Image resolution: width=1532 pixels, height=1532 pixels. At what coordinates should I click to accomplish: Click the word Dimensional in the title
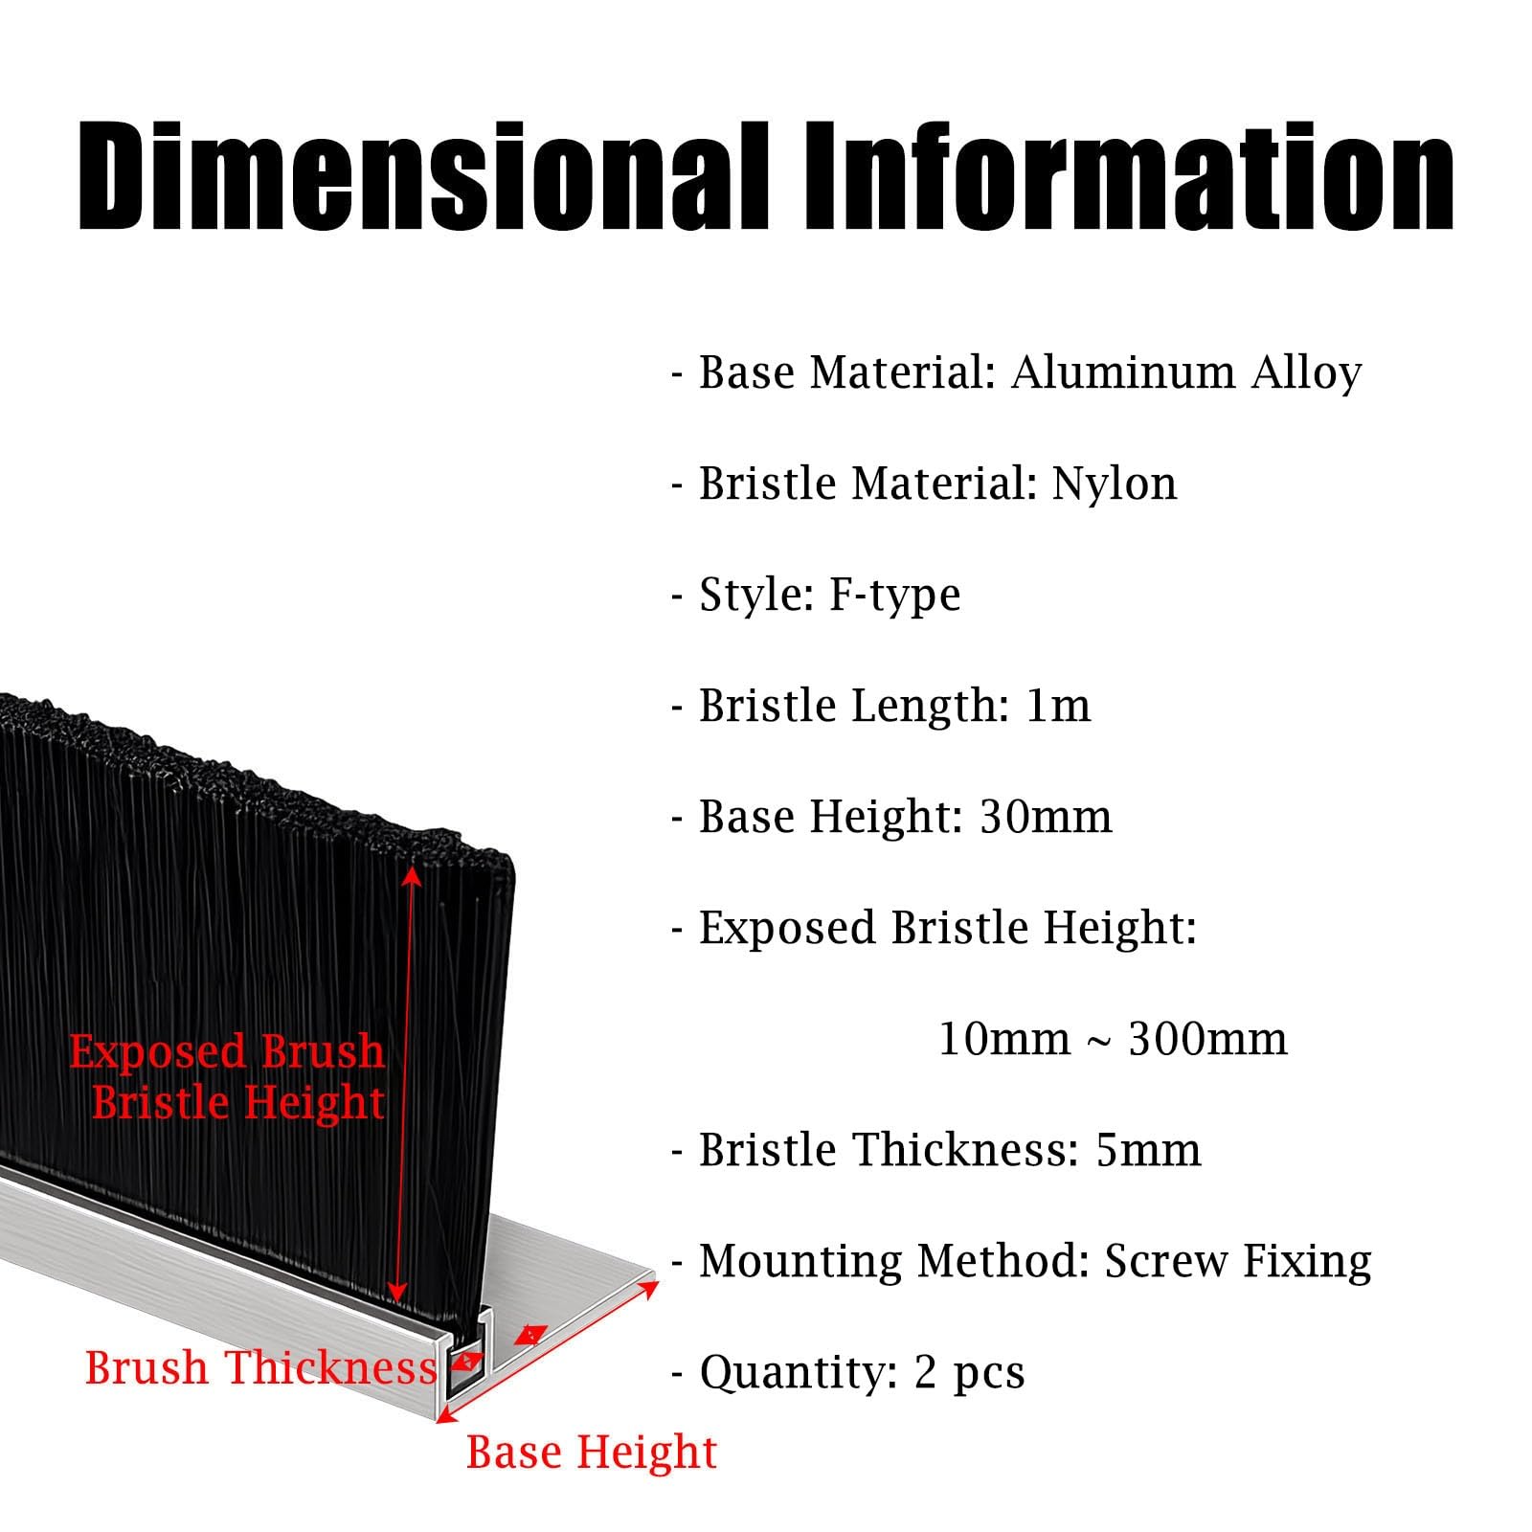(422, 177)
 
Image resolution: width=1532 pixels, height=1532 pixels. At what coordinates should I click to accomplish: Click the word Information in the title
(1130, 177)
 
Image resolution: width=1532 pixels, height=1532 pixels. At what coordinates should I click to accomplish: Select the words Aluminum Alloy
(1186, 373)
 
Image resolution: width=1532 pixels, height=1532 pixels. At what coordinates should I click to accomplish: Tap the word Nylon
(1115, 484)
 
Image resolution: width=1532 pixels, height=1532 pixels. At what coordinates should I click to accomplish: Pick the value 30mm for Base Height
(1047, 817)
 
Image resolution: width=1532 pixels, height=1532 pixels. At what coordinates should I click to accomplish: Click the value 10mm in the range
(1004, 1039)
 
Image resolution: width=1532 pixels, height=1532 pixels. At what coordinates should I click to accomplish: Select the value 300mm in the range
(1208, 1039)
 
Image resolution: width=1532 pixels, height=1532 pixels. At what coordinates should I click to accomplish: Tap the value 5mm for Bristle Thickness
(1149, 1150)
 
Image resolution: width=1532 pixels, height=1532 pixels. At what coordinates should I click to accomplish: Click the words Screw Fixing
(1239, 1262)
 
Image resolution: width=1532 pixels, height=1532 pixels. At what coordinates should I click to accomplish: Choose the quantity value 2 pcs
(970, 1373)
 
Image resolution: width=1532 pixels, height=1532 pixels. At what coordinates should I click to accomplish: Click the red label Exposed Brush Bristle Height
(227, 1076)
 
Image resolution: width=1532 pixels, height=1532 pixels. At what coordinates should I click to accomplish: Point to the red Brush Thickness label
(260, 1367)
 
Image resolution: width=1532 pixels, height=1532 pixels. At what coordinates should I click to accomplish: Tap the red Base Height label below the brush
(592, 1453)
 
